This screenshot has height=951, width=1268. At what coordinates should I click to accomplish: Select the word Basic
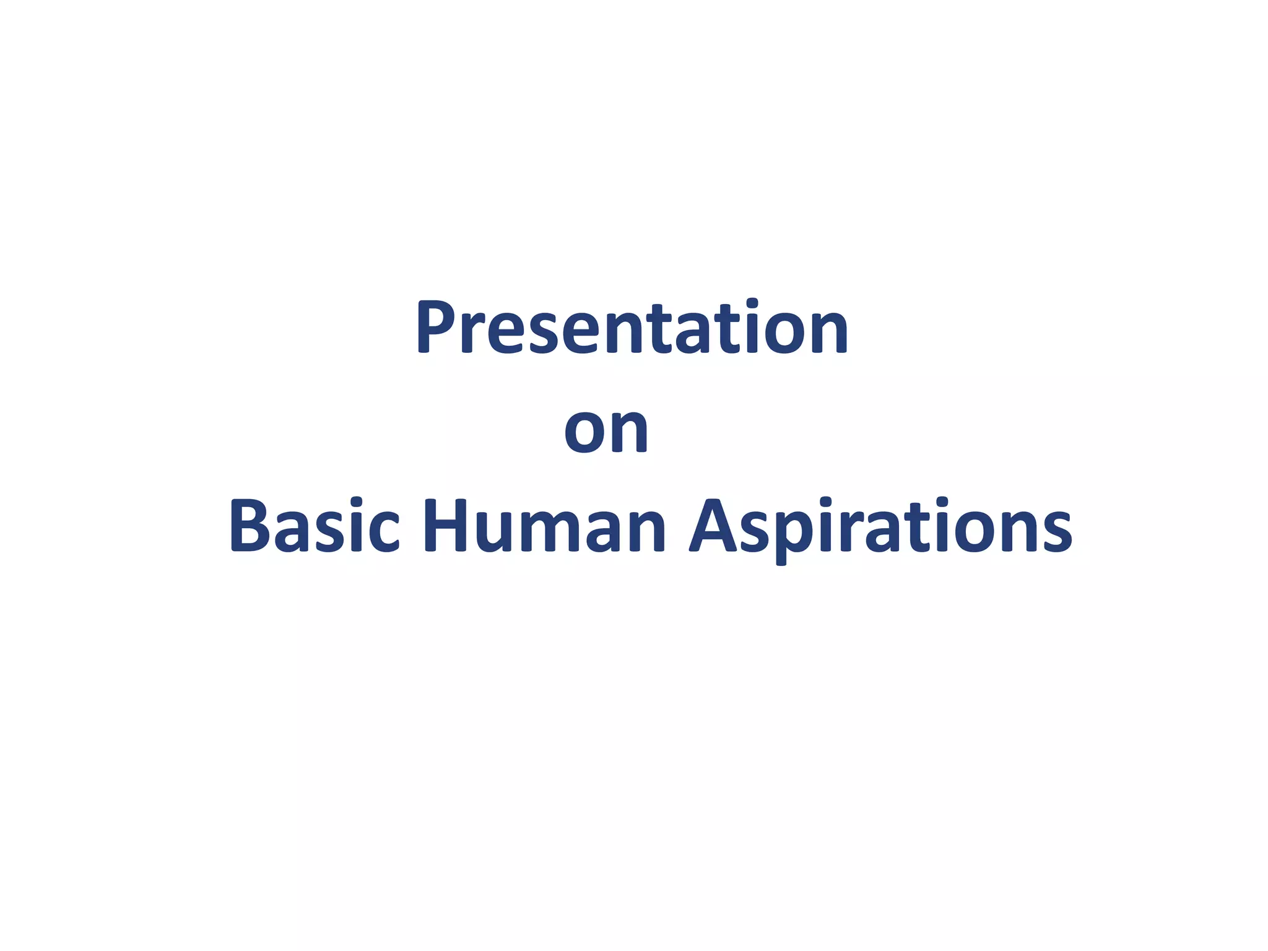[315, 526]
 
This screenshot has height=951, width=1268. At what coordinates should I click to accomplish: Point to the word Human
[544, 526]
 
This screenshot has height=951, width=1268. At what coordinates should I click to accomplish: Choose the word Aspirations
[881, 526]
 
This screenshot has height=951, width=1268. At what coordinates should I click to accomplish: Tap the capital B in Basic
[251, 526]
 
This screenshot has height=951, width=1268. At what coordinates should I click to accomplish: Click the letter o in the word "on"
[585, 431]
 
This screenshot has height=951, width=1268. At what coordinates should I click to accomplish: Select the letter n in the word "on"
[628, 431]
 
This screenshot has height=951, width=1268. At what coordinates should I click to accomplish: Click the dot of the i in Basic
[355, 502]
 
